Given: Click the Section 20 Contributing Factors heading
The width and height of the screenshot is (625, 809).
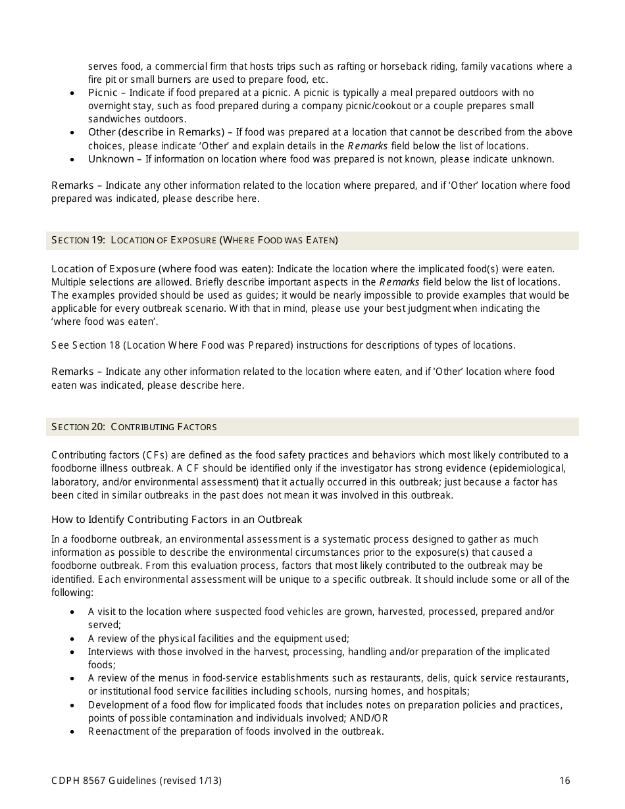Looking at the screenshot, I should [x=134, y=427].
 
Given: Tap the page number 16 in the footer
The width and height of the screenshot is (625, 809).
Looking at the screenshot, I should [x=564, y=781].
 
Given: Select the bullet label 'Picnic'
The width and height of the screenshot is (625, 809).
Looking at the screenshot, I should [x=103, y=93].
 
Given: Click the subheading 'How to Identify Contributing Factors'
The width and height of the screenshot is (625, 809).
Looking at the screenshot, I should [x=176, y=520].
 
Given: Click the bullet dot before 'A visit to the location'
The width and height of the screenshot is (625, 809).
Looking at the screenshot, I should [x=72, y=612].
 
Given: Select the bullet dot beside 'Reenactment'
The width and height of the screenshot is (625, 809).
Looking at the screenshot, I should [x=72, y=731].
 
